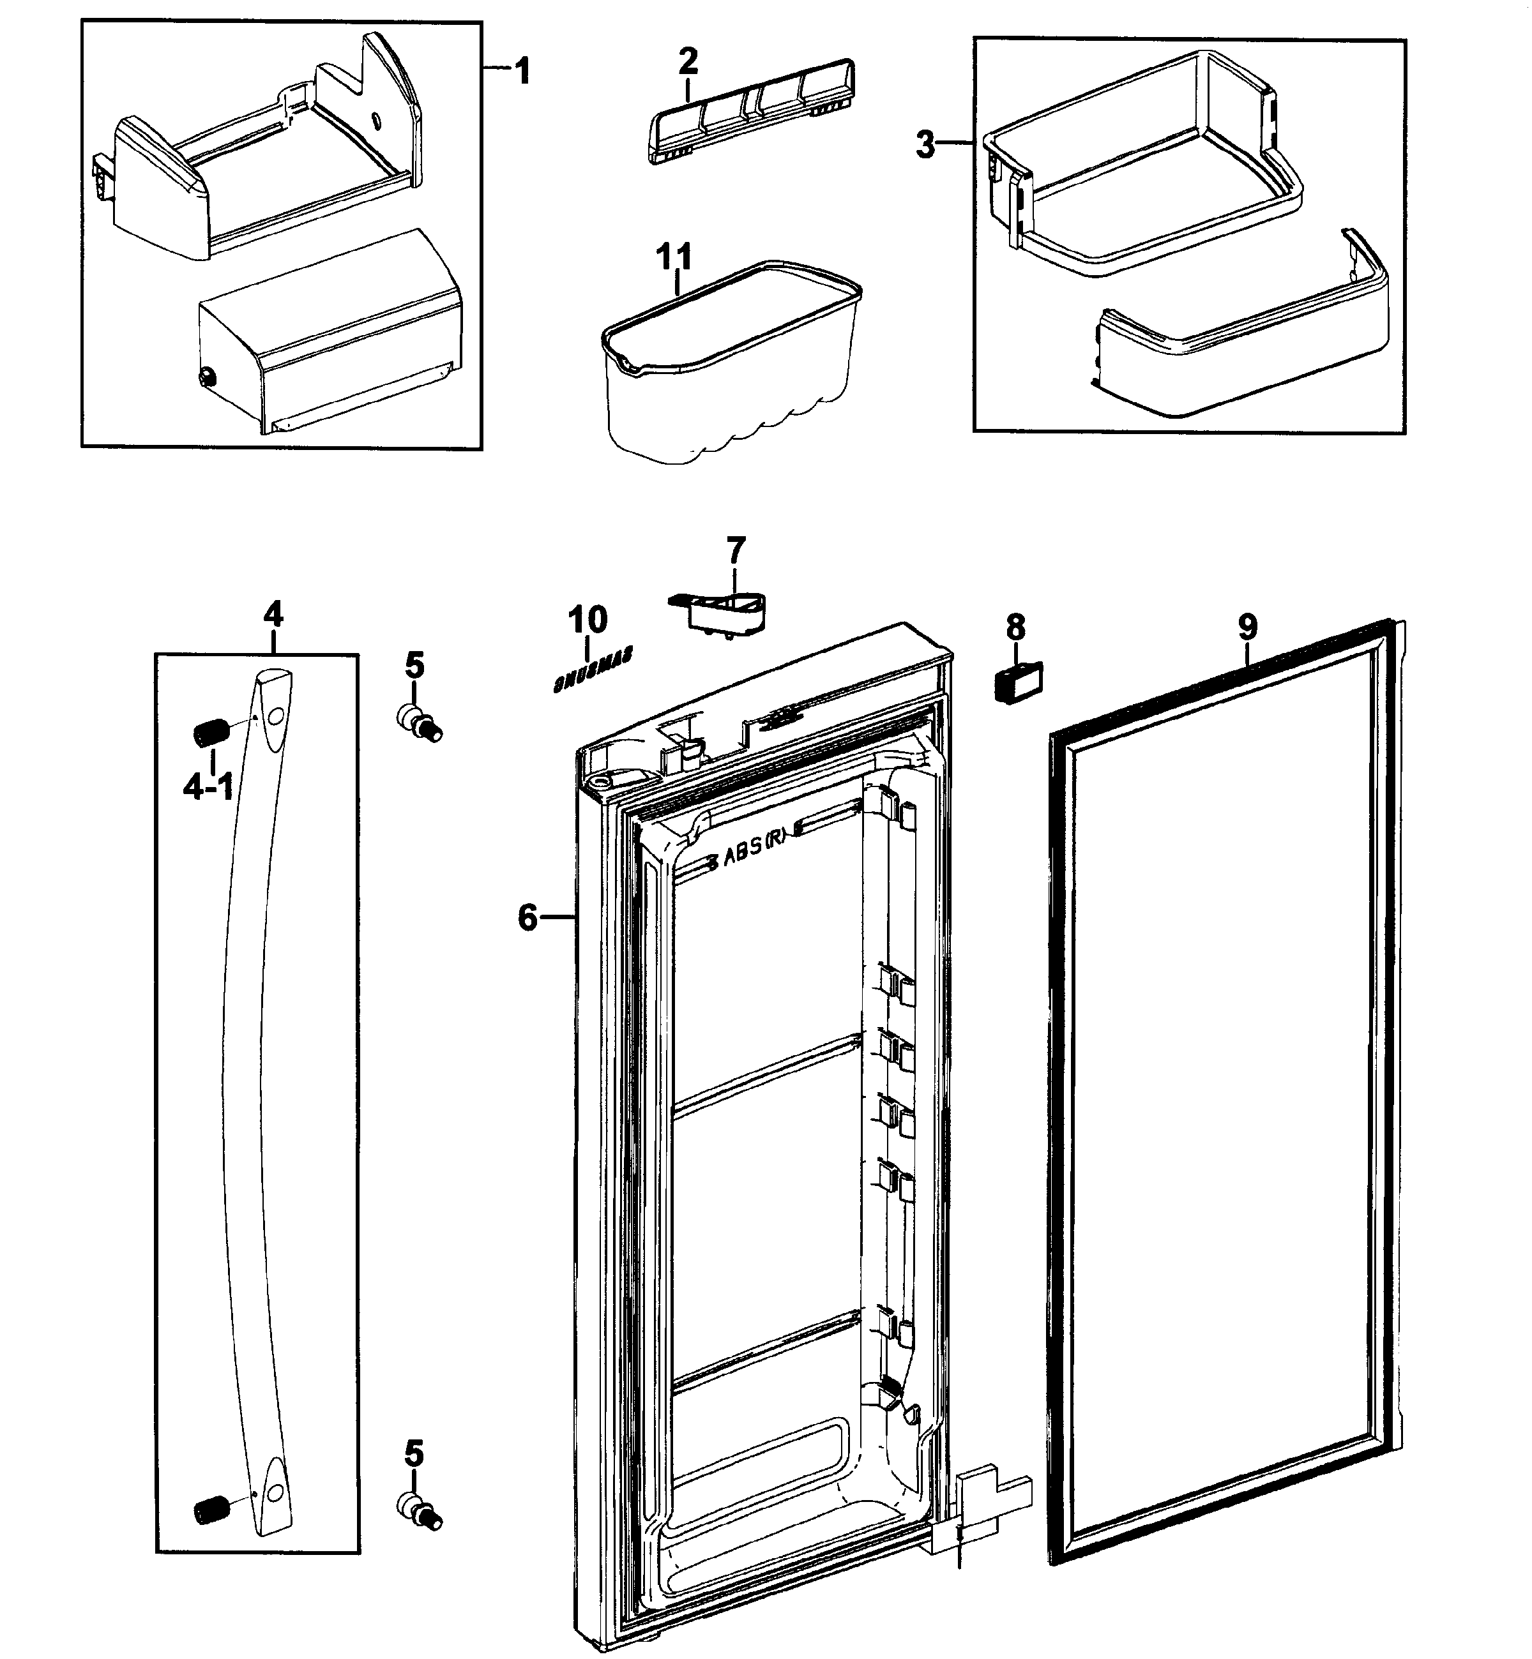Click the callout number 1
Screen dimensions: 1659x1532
pos(522,71)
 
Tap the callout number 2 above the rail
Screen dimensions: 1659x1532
pos(687,61)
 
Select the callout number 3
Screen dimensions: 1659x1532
pos(925,145)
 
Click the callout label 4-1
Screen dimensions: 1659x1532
pos(208,786)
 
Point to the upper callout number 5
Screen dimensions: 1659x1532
pos(414,665)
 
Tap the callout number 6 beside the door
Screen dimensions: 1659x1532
pos(528,917)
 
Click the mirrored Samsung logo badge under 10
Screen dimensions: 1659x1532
pos(592,669)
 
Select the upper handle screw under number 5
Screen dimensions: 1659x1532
pos(420,720)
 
